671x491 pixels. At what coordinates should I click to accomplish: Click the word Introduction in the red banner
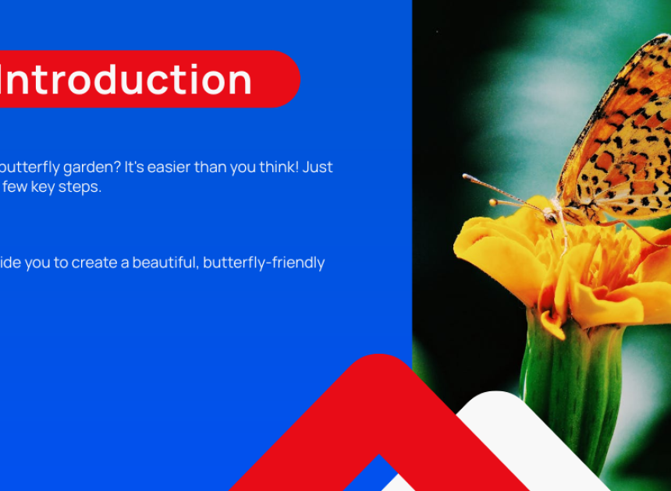126,80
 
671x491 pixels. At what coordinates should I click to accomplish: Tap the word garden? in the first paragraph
91,168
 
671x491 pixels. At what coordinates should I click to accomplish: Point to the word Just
318,167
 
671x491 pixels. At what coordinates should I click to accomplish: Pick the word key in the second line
43,187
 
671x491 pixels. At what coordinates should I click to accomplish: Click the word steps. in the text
80,188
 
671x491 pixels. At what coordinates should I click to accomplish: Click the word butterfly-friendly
264,263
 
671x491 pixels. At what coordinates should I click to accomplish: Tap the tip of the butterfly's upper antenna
465,176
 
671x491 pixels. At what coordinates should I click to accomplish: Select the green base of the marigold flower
571,384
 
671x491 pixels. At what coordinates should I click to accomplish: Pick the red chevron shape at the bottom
379,410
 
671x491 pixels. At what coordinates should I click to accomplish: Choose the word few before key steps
15,187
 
